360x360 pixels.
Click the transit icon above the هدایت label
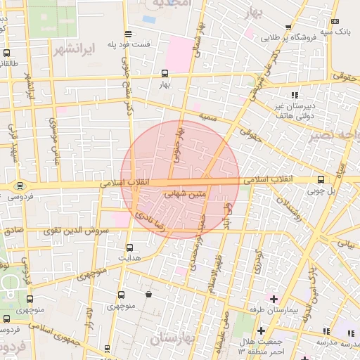(129, 247)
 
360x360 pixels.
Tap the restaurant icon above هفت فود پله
(127, 34)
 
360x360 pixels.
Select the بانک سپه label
(335, 32)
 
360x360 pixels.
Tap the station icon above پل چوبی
(321, 179)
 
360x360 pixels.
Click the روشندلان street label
(289, 211)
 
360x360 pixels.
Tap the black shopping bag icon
(148, 295)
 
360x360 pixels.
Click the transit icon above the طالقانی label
(6, 53)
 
